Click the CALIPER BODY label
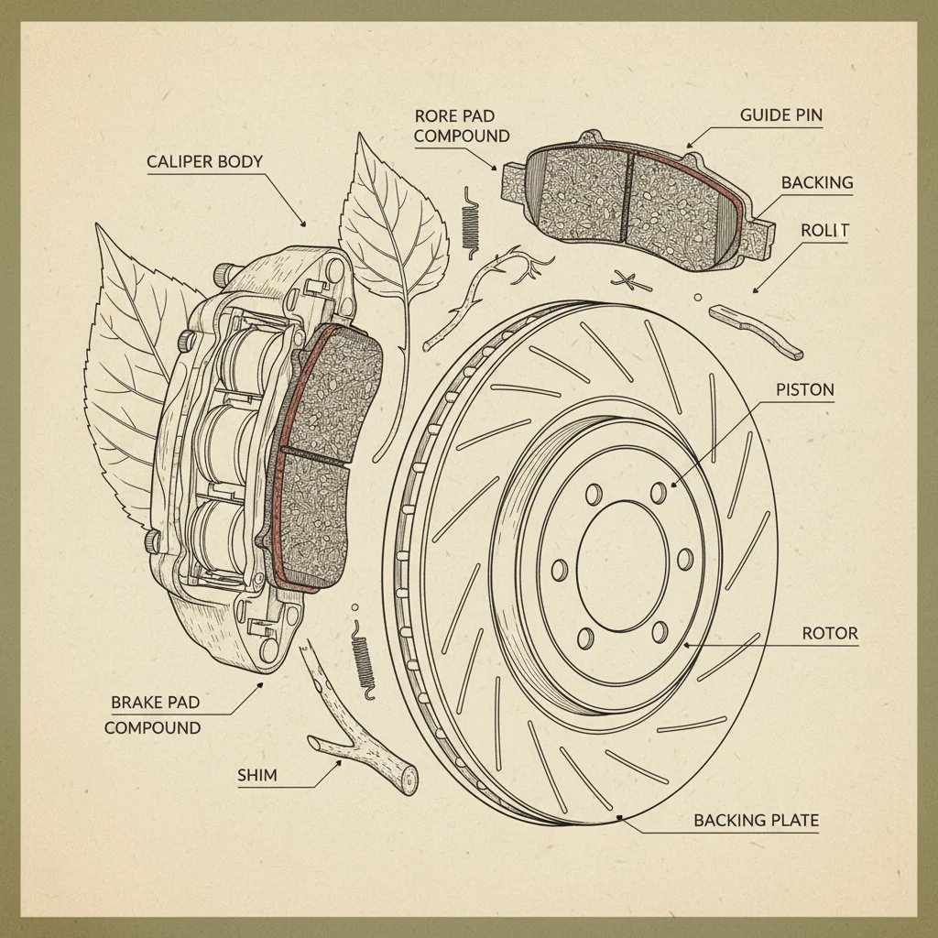click(x=204, y=162)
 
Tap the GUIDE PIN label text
click(x=780, y=115)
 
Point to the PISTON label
click(x=805, y=389)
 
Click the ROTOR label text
click(x=830, y=633)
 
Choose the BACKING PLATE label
click(x=756, y=820)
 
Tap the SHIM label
click(x=257, y=775)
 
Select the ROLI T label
click(x=824, y=231)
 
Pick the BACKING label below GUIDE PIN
click(x=817, y=182)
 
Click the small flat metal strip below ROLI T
click(x=759, y=331)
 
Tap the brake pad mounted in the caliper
click(x=321, y=458)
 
